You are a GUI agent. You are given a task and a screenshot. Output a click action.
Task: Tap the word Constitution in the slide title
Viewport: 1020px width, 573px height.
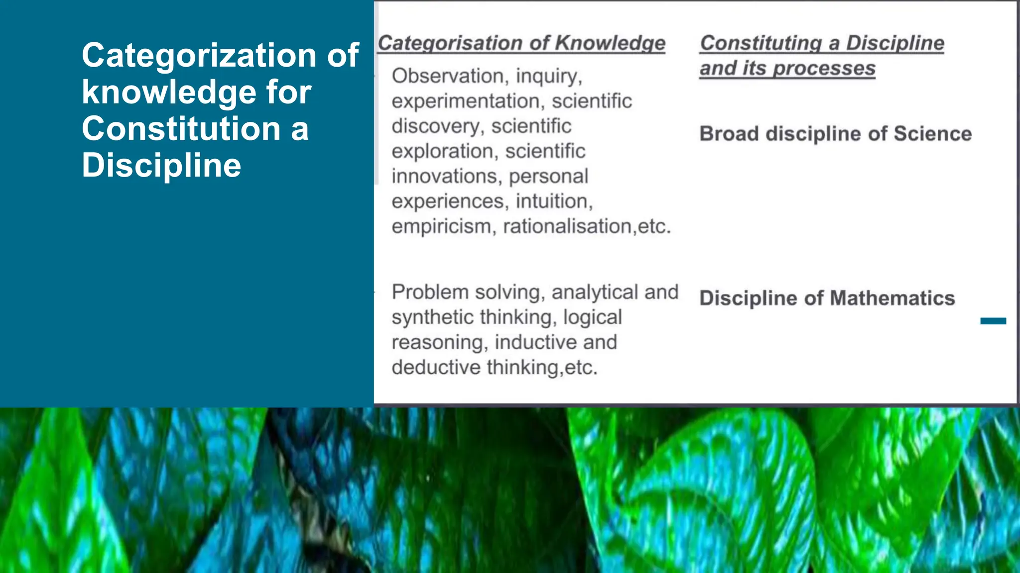[181, 129]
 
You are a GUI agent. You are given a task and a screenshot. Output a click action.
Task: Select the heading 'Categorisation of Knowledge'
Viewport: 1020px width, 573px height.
[521, 43]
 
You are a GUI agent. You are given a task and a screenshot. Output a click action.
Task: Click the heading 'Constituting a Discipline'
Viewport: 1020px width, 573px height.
[822, 43]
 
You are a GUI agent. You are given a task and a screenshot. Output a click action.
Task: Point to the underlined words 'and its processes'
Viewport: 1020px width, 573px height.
[787, 68]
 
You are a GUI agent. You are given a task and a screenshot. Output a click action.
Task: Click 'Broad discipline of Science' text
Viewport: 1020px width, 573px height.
[835, 134]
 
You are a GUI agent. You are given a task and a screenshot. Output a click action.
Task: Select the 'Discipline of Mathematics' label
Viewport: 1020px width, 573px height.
[827, 298]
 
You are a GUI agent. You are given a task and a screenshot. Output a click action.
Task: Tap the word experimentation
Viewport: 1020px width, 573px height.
[465, 101]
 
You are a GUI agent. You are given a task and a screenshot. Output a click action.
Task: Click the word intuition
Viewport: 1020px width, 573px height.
[554, 201]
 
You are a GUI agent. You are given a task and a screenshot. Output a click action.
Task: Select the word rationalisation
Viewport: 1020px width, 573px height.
[567, 227]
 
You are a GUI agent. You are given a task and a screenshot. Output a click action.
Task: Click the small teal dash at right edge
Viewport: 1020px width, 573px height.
[993, 321]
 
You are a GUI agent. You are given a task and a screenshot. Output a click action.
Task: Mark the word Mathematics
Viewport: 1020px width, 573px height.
[892, 298]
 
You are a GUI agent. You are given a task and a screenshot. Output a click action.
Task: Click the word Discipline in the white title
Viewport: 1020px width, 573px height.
[161, 166]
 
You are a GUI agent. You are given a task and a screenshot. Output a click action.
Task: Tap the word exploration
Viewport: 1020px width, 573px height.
[445, 151]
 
